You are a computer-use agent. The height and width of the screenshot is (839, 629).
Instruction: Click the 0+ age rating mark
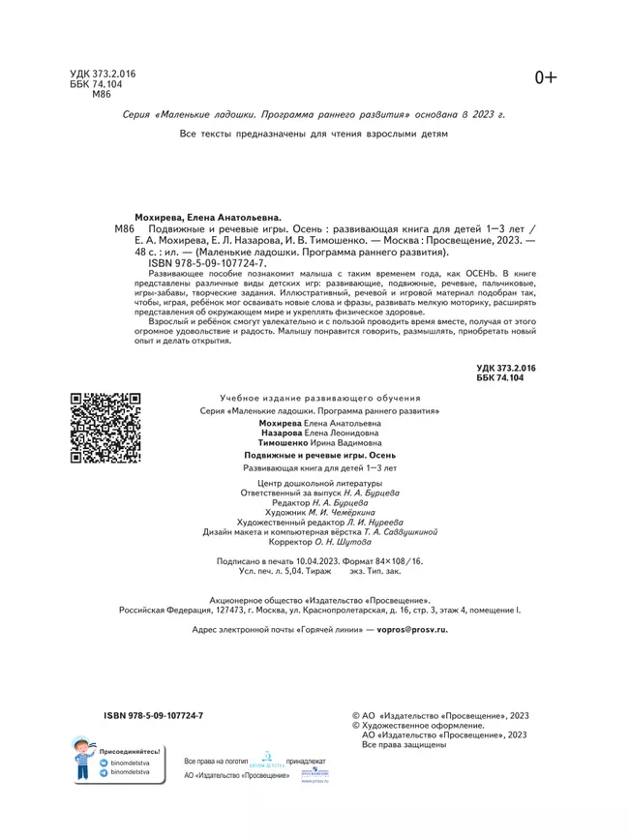546,78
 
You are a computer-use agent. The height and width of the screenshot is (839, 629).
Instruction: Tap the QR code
105,427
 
